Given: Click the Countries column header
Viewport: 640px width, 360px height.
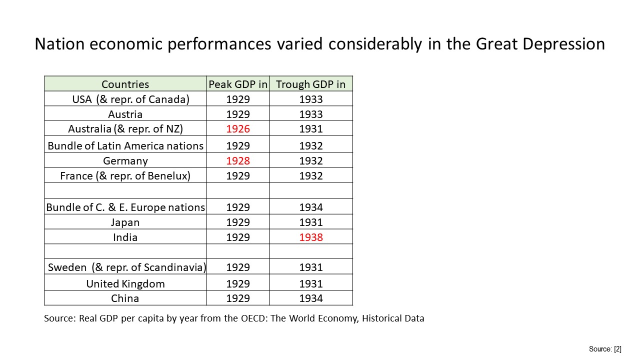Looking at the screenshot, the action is click(x=125, y=84).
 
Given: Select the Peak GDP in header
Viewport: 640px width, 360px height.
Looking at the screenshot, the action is click(x=238, y=84).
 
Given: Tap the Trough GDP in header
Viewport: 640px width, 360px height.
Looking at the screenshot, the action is click(x=311, y=84).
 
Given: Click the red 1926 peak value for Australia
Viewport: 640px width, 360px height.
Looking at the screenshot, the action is click(x=238, y=129).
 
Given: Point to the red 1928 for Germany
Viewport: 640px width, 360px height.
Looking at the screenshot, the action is click(x=238, y=161).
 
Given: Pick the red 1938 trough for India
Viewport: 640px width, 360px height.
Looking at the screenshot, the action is click(x=311, y=237).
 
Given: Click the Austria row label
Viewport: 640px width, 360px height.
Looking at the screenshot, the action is click(x=125, y=114).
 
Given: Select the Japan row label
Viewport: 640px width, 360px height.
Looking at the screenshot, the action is click(x=125, y=222).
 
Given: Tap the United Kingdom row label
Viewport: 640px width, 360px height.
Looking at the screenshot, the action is click(x=125, y=284).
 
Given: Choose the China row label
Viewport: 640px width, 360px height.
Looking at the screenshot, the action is click(x=125, y=298).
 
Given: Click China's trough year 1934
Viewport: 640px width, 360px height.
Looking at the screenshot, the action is click(x=311, y=298).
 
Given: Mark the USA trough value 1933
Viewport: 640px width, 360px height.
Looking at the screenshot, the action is click(x=311, y=99).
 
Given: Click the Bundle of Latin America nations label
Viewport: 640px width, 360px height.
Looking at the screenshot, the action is click(x=125, y=145).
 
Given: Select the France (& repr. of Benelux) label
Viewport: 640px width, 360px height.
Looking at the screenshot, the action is click(x=125, y=175).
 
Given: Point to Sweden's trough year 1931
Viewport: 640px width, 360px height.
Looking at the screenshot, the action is click(x=311, y=267).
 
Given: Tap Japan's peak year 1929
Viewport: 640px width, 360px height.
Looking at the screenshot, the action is click(x=238, y=222).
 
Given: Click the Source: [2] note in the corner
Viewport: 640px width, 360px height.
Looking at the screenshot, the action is click(x=605, y=349).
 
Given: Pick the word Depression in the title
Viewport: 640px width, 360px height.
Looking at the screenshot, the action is click(x=563, y=44).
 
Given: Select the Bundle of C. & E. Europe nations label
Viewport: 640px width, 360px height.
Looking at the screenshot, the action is click(x=125, y=207).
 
